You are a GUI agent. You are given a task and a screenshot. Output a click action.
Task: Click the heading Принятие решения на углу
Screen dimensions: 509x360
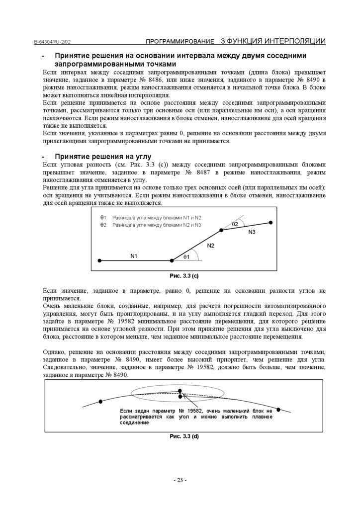[99, 157]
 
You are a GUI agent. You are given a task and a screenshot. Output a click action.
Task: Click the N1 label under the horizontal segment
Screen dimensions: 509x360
[134, 256]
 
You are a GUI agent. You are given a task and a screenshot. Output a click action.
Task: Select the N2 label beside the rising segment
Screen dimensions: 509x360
[210, 246]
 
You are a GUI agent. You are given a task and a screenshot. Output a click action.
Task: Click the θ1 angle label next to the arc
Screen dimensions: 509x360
[187, 256]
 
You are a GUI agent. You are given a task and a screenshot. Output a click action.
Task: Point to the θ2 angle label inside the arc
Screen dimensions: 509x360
[235, 224]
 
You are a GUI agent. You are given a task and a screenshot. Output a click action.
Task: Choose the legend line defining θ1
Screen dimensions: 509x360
[151, 218]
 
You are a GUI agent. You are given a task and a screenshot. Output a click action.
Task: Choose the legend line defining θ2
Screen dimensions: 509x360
[151, 225]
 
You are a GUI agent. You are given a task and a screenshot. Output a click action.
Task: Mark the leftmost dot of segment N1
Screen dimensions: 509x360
[99, 260]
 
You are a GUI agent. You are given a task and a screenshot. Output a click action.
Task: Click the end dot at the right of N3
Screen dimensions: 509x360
[270, 222]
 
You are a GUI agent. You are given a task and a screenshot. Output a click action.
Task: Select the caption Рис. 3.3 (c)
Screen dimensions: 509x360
[184, 275]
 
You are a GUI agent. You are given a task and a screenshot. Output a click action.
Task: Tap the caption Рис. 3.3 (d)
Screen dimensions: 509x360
[184, 436]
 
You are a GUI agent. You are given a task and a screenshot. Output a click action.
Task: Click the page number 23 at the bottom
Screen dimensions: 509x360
[180, 480]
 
